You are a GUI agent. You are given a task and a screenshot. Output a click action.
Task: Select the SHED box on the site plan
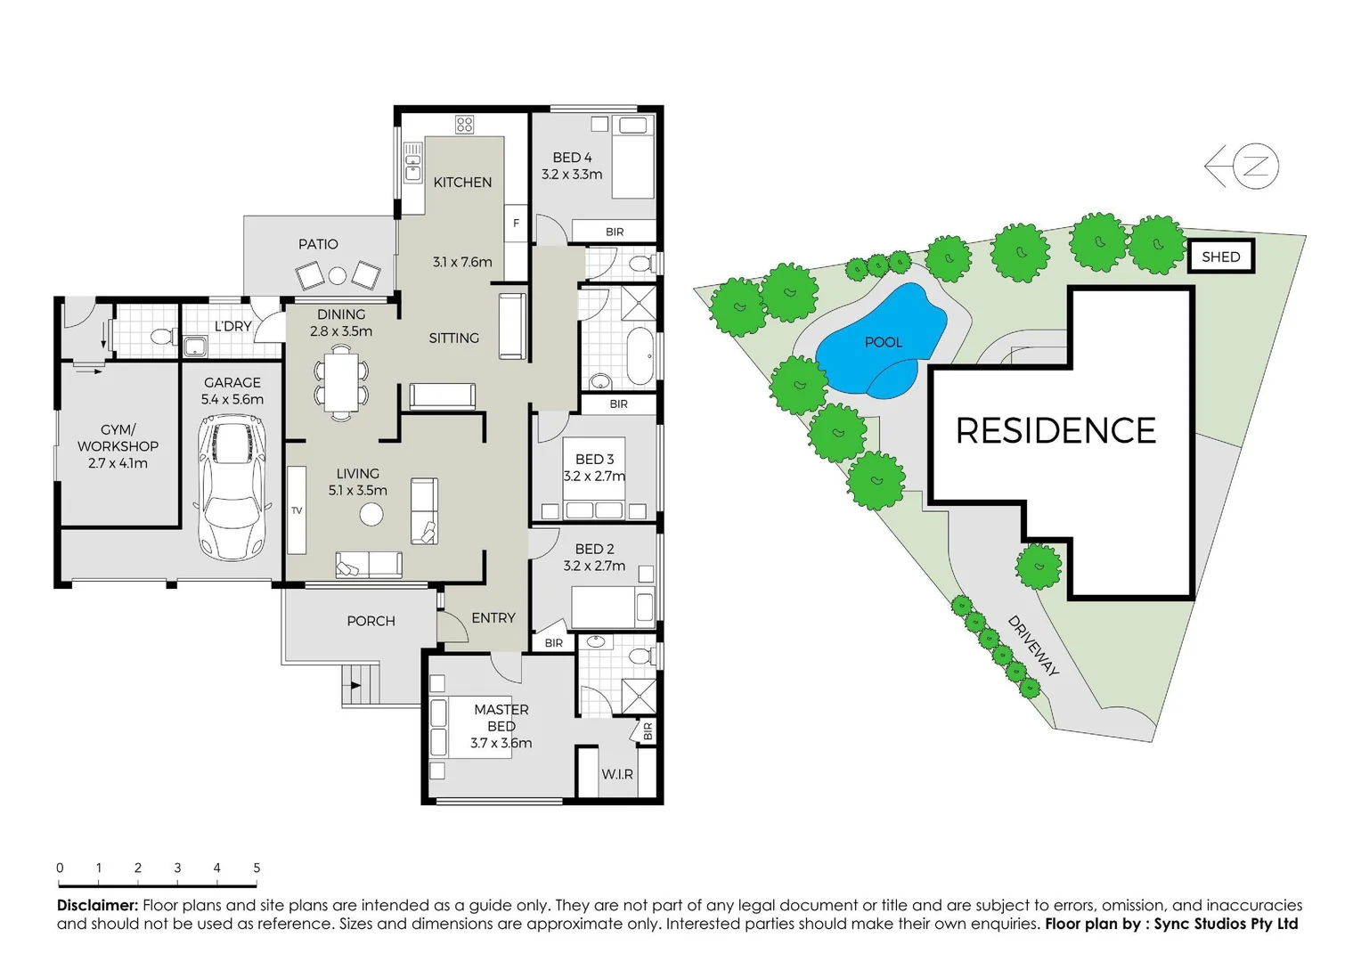point(1221,257)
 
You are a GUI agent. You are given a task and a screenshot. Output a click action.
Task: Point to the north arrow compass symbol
point(1243,166)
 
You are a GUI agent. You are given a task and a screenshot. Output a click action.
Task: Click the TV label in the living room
point(297,510)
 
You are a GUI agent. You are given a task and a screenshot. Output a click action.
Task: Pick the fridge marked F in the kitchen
point(516,224)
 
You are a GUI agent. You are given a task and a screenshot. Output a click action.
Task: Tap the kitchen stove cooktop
point(464,125)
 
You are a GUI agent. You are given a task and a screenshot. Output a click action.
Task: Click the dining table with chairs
point(340,384)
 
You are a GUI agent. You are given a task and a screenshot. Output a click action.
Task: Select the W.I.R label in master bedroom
point(616,774)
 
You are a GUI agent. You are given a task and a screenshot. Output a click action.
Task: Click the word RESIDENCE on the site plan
point(1055,431)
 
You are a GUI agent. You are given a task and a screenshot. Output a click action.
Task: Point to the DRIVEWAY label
point(1033,646)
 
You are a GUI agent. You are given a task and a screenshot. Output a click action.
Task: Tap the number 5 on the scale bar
point(257,868)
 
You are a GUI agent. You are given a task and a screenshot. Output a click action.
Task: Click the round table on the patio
point(337,276)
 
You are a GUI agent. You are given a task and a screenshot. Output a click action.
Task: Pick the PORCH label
point(371,621)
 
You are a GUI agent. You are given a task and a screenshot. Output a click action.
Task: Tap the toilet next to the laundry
point(161,338)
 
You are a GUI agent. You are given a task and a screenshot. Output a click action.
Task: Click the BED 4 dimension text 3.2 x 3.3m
point(572,175)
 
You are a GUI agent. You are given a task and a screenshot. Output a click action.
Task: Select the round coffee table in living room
point(371,514)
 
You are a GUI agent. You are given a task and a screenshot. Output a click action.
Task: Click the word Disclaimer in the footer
point(97,905)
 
